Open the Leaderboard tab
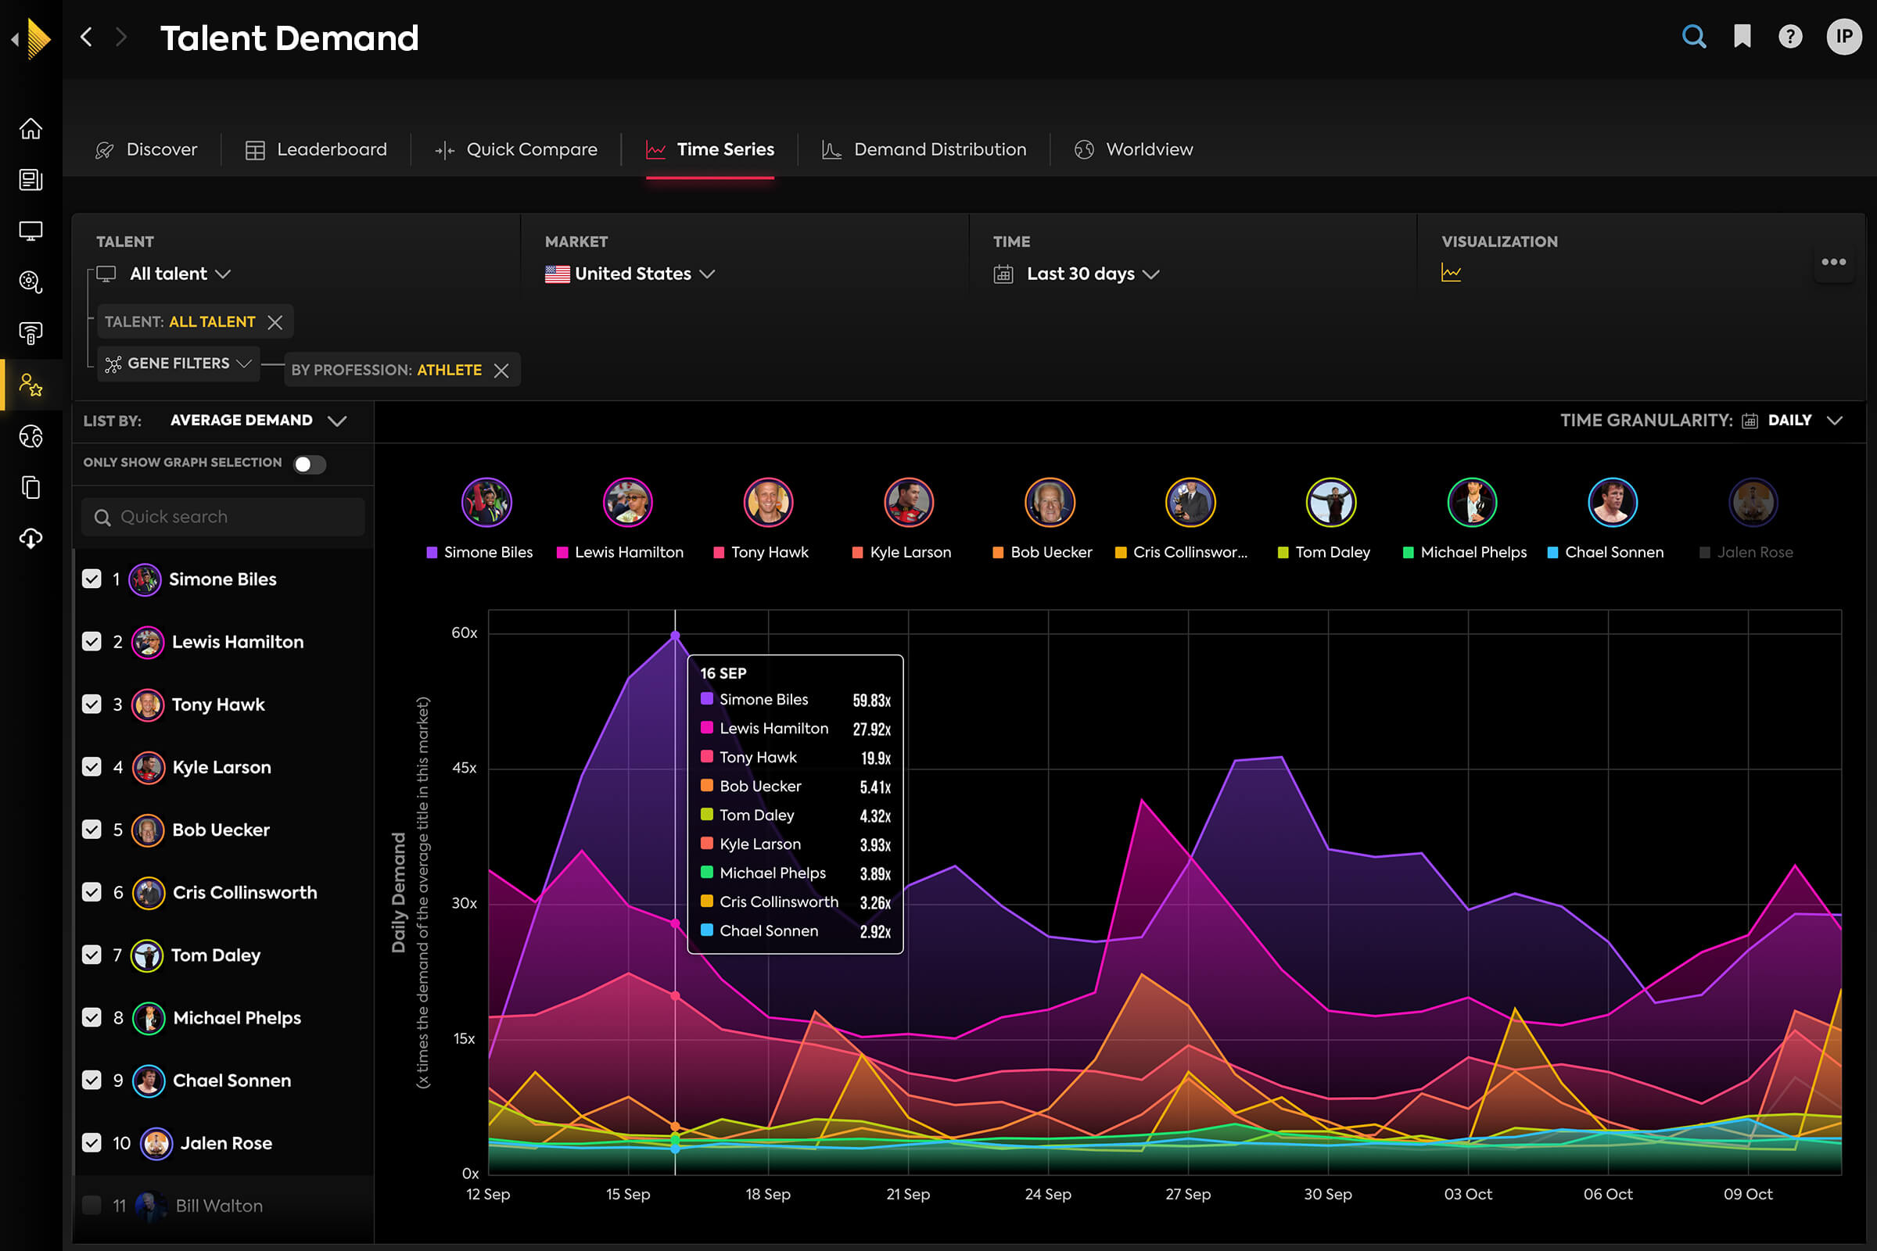(316, 149)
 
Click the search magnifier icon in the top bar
(1693, 37)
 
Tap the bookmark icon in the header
(1742, 37)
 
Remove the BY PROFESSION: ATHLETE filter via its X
(501, 370)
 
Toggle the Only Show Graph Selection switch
(309, 464)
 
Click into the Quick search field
(224, 517)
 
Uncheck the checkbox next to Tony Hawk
(92, 704)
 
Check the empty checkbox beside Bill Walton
(92, 1205)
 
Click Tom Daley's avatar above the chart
(1331, 503)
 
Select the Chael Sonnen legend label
(1613, 552)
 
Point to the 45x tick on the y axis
(465, 768)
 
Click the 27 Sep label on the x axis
(1187, 1195)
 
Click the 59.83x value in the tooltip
(870, 701)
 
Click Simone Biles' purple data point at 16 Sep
(675, 636)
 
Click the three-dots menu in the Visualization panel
(1833, 262)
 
